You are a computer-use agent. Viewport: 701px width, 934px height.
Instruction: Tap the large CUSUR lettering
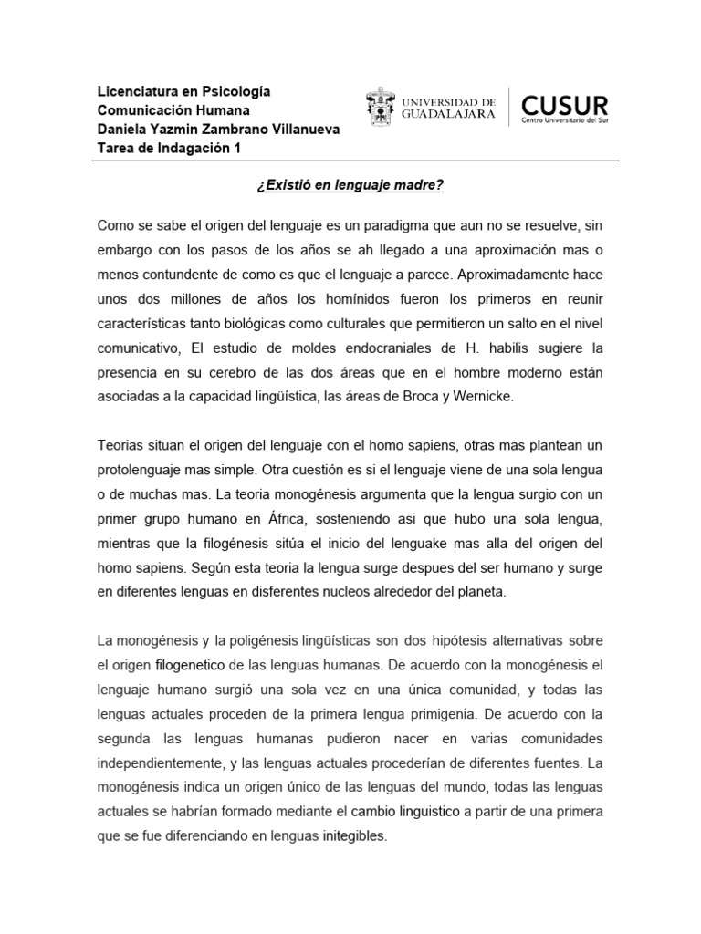click(x=563, y=101)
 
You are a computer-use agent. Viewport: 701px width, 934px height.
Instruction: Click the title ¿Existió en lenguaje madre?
click(x=350, y=185)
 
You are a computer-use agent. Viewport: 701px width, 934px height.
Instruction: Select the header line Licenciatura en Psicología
click(x=184, y=92)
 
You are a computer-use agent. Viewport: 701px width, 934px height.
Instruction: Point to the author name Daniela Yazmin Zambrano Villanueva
click(x=218, y=130)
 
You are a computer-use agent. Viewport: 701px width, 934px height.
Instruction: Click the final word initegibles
click(x=354, y=835)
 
